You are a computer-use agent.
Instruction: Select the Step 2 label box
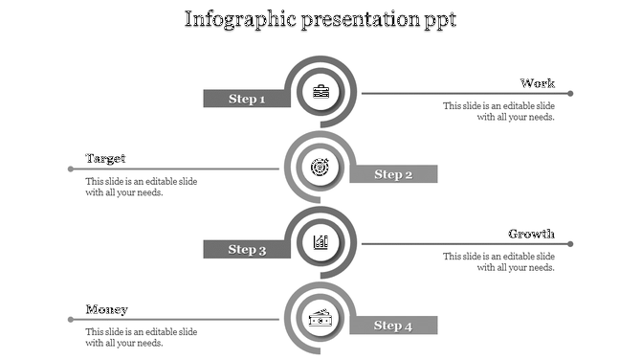pyautogui.click(x=393, y=174)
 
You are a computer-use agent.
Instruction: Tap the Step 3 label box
pyautogui.click(x=246, y=250)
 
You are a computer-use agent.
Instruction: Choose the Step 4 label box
pyautogui.click(x=393, y=326)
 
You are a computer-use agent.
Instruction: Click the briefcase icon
pyautogui.click(x=320, y=92)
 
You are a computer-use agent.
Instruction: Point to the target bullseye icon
pyautogui.click(x=320, y=168)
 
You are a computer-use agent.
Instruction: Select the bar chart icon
pyautogui.click(x=320, y=243)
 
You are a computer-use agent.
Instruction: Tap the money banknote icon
pyautogui.click(x=320, y=319)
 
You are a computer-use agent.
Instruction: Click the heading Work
pyautogui.click(x=537, y=83)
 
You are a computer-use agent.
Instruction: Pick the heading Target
pyautogui.click(x=105, y=158)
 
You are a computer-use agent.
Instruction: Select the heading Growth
pyautogui.click(x=531, y=234)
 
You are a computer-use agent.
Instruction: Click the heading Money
pyautogui.click(x=106, y=309)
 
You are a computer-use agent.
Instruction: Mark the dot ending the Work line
pyautogui.click(x=570, y=94)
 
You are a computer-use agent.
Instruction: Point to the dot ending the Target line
pyautogui.click(x=71, y=169)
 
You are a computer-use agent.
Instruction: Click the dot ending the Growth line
pyautogui.click(x=570, y=244)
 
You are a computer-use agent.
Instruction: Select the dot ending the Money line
pyautogui.click(x=71, y=320)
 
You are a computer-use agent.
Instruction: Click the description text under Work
pyautogui.click(x=498, y=111)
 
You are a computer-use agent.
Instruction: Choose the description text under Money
pyautogui.click(x=141, y=337)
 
